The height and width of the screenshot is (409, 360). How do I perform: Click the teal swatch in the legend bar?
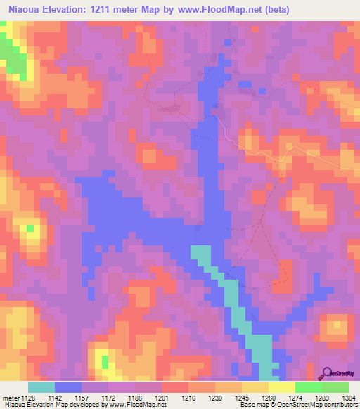(41, 387)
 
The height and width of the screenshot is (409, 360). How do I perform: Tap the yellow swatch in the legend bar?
(282, 387)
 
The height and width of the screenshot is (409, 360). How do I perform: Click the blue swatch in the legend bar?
(68, 387)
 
